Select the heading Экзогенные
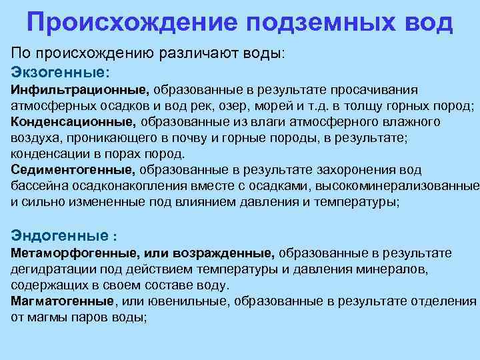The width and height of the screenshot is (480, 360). click(60, 71)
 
